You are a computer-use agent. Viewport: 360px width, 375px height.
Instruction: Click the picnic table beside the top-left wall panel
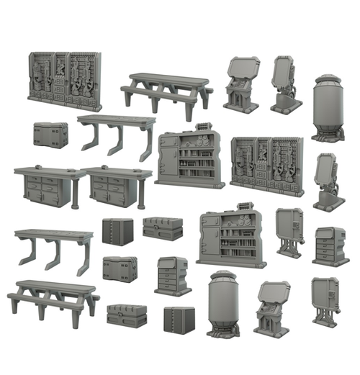[167, 89]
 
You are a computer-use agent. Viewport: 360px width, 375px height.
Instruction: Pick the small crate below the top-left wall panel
[50, 134]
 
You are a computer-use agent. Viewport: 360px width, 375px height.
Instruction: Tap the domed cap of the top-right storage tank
[328, 78]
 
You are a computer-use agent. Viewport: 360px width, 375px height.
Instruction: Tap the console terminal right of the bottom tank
[271, 307]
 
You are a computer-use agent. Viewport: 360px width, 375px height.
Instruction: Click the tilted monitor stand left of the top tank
[284, 84]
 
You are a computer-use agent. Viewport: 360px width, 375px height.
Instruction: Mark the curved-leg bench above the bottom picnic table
[54, 248]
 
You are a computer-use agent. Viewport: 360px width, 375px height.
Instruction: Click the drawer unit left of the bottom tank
[171, 274]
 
